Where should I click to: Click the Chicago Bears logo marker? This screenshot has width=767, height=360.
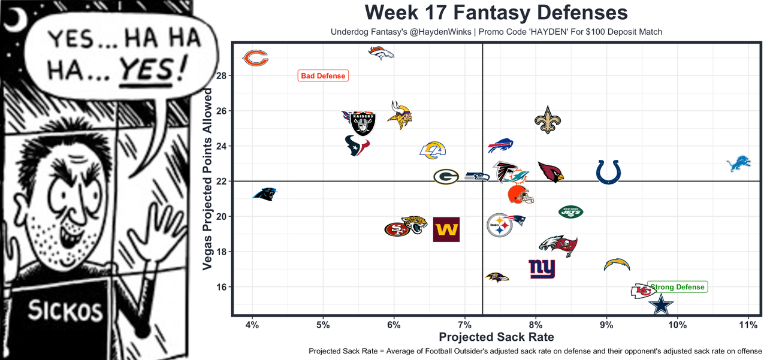(255, 58)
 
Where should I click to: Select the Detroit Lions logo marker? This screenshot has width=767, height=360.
(738, 164)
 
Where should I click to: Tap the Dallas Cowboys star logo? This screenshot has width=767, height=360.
(661, 305)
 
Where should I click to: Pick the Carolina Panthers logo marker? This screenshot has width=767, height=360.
(265, 193)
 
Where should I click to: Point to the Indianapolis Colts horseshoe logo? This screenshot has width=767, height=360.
(608, 172)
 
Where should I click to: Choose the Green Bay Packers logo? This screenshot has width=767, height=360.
(446, 177)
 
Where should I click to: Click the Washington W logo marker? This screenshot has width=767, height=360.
(446, 229)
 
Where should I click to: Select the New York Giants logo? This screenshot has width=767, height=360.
(542, 269)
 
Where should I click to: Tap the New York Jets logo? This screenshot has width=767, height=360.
(570, 211)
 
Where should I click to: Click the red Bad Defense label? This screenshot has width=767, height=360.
(323, 76)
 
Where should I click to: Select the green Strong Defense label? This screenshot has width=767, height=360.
(677, 287)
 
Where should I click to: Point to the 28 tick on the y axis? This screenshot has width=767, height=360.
(221, 76)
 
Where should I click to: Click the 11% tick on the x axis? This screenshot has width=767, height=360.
(748, 325)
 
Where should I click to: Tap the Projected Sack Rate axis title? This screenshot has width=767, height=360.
(496, 337)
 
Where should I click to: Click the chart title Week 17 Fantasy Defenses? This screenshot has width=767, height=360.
(496, 13)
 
